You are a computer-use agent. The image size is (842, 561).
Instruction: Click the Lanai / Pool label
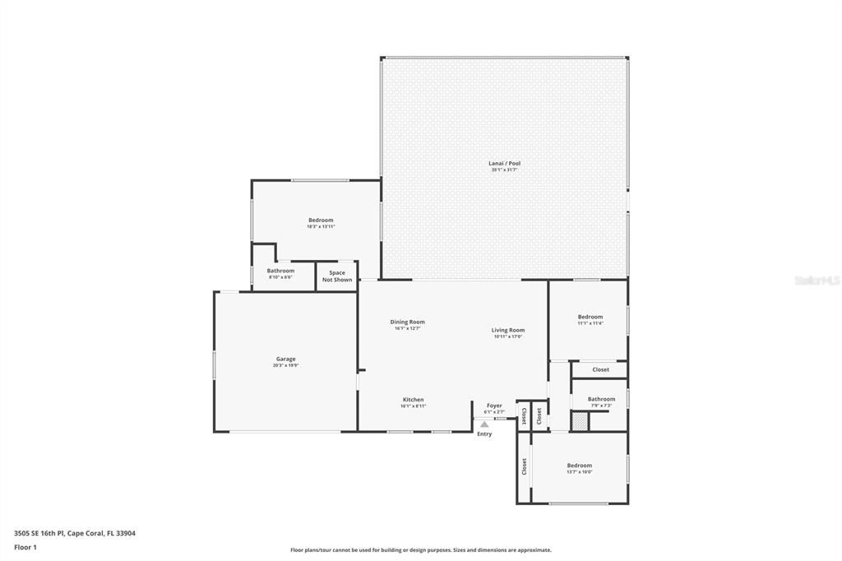pyautogui.click(x=505, y=164)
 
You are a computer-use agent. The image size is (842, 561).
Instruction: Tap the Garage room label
pyautogui.click(x=285, y=359)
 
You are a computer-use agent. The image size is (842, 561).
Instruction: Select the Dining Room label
pyautogui.click(x=407, y=322)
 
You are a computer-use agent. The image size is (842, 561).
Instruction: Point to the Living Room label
pyautogui.click(x=508, y=331)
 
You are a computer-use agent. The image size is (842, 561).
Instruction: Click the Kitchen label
pyautogui.click(x=413, y=401)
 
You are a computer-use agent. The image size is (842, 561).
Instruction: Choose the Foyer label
pyautogui.click(x=494, y=406)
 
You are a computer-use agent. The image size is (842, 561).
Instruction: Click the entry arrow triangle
pyautogui.click(x=484, y=424)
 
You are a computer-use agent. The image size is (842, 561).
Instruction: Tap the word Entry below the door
pyautogui.click(x=484, y=434)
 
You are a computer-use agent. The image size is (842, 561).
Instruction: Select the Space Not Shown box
pyautogui.click(x=337, y=276)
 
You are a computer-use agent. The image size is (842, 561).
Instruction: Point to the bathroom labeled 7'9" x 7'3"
pyautogui.click(x=601, y=400)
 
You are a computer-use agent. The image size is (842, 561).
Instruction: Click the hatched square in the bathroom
pyautogui.click(x=581, y=421)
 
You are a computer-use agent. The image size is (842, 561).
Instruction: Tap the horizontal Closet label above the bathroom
pyautogui.click(x=601, y=370)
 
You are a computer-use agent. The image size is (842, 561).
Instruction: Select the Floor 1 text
pyautogui.click(x=25, y=547)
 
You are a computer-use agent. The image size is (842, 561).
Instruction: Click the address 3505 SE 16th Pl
pyautogui.click(x=75, y=533)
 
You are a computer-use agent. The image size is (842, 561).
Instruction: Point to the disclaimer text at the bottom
pyautogui.click(x=420, y=550)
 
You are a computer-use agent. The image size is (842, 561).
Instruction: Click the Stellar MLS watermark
pyautogui.click(x=817, y=280)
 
